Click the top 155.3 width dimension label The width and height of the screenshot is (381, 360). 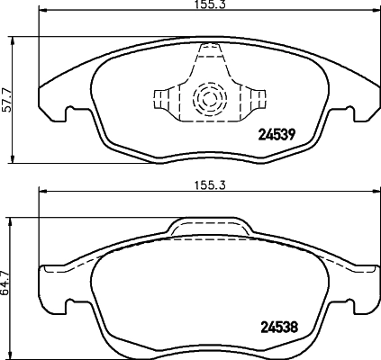click(207, 6)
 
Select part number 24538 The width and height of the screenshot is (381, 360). click(278, 327)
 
